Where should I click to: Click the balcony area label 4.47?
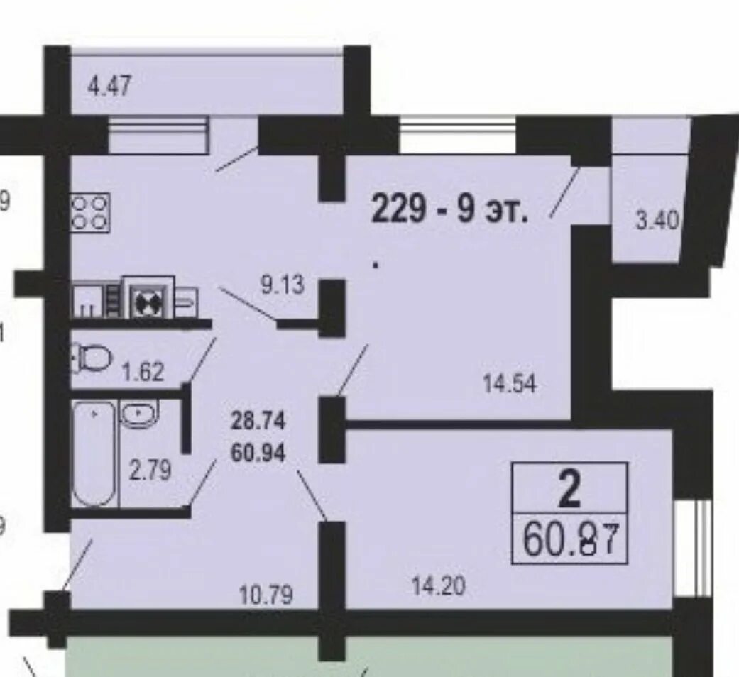(x=109, y=87)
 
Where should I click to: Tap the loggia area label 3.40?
(x=657, y=221)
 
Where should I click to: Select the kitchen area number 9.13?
(x=283, y=285)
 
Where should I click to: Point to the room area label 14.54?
(x=510, y=384)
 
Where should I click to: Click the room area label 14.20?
(x=438, y=587)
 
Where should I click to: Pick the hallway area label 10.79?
(x=266, y=595)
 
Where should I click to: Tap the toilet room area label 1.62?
(x=143, y=372)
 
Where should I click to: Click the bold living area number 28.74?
(x=258, y=421)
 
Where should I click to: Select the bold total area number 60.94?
(x=258, y=453)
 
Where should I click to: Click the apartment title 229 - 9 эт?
(x=450, y=210)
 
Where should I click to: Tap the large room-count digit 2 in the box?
(x=569, y=490)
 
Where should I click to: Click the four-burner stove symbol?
(x=90, y=213)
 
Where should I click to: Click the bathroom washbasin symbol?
(x=140, y=414)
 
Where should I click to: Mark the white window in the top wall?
(x=458, y=135)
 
